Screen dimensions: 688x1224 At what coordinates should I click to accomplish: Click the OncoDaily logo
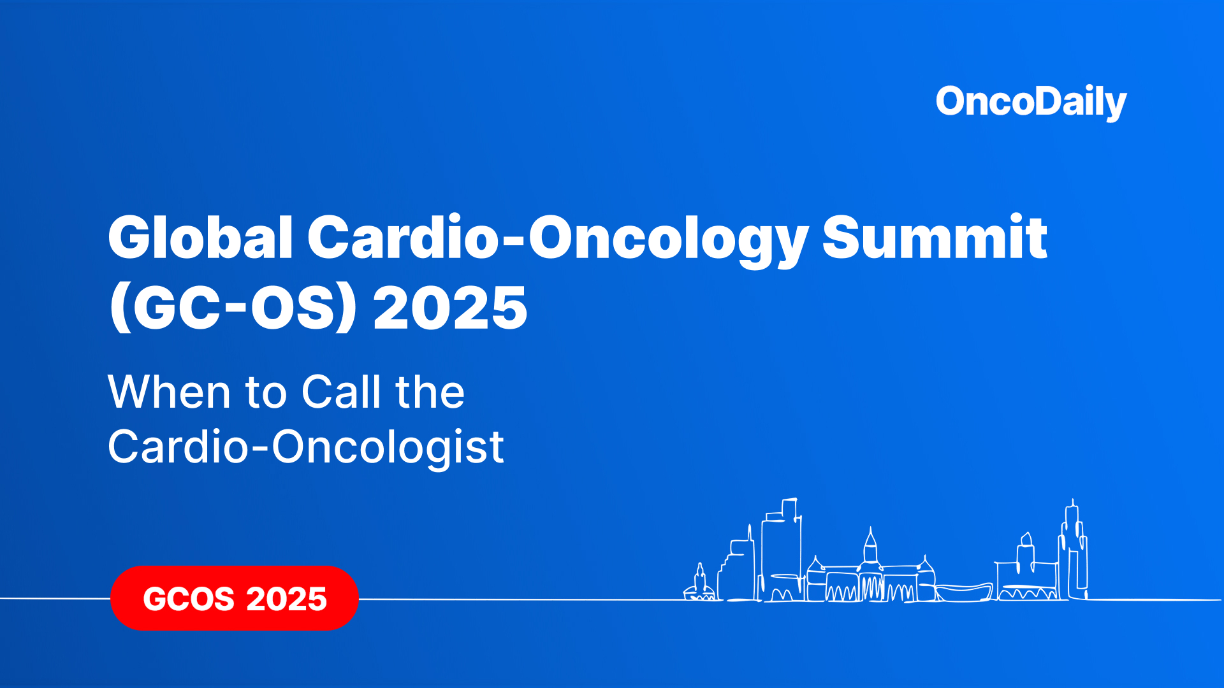coord(1031,102)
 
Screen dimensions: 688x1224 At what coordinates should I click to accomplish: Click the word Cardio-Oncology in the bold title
coord(558,238)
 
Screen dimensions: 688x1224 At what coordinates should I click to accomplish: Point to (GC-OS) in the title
coord(233,308)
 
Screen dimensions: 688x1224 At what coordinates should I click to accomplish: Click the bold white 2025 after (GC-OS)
coord(450,308)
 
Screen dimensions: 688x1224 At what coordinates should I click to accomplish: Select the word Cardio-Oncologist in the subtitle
coord(306,447)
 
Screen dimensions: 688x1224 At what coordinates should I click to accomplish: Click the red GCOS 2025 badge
coord(235,598)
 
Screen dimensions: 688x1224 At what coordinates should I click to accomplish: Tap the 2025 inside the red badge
coord(286,599)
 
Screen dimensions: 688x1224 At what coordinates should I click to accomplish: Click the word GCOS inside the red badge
coord(189,599)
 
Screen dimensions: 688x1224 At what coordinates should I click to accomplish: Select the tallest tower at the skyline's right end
coord(1074,548)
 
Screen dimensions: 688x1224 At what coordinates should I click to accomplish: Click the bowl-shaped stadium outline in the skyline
coord(963,592)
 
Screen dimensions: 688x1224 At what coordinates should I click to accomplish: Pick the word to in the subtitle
coord(266,393)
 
